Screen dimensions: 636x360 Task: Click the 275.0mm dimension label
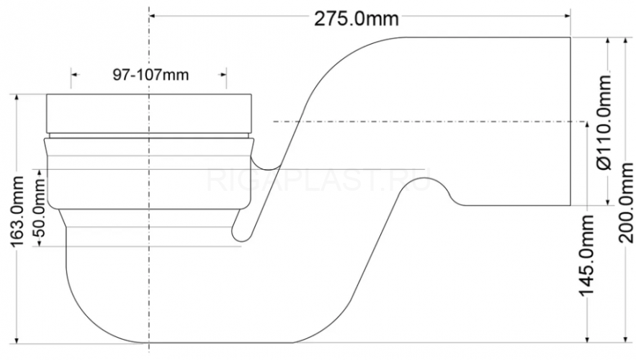356,19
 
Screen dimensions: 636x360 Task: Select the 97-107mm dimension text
151,75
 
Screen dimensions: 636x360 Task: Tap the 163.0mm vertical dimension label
17,211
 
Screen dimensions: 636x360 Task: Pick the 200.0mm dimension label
626,203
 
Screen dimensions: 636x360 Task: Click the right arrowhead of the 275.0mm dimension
567,17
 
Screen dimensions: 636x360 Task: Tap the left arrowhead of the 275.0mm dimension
153,17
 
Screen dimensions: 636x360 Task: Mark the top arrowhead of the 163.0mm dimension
17,99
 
